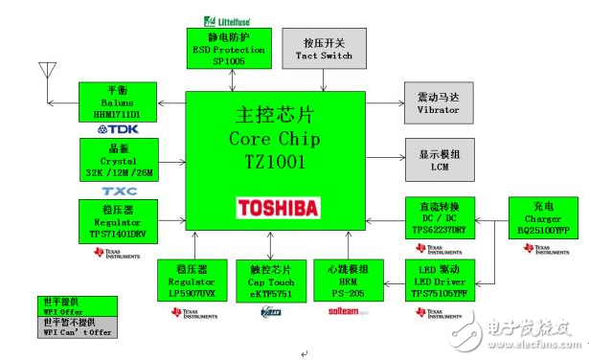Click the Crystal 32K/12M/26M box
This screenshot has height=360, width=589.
(119, 158)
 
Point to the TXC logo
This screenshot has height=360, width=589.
(119, 191)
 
